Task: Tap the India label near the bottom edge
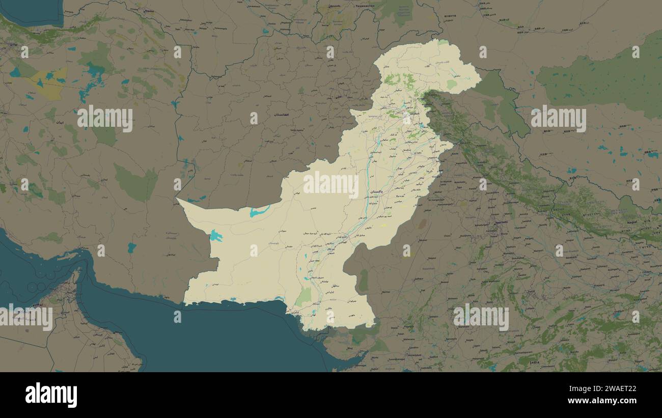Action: (534, 363)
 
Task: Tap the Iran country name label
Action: (60, 123)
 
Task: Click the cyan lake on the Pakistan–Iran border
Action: (216, 236)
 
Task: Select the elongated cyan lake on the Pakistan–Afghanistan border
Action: (259, 211)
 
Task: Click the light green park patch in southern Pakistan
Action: (304, 297)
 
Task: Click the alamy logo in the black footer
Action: (51, 395)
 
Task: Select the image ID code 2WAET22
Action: (611, 388)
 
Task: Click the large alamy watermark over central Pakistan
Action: (331, 184)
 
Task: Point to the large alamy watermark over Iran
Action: (105, 119)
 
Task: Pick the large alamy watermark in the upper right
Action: (558, 119)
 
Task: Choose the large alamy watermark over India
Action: (481, 317)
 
